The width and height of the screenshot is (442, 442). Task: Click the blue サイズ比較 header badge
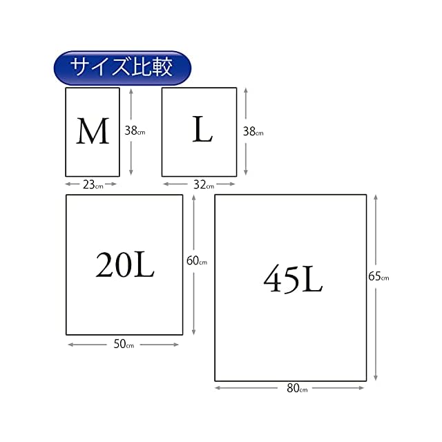coord(122,68)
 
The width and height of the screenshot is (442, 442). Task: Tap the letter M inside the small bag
coord(93,131)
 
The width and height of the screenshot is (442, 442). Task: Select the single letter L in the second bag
coord(202,130)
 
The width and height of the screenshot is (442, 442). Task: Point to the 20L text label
coord(125,264)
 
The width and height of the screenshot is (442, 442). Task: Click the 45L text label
coord(292,280)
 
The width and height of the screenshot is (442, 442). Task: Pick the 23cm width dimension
coord(91,184)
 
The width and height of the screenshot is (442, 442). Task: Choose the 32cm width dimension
coord(202,184)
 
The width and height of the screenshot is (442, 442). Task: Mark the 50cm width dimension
coord(124,344)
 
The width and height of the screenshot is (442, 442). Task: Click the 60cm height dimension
coord(197,261)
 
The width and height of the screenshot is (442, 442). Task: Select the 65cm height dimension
coord(378,277)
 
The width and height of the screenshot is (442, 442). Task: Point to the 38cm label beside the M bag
coord(135,130)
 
